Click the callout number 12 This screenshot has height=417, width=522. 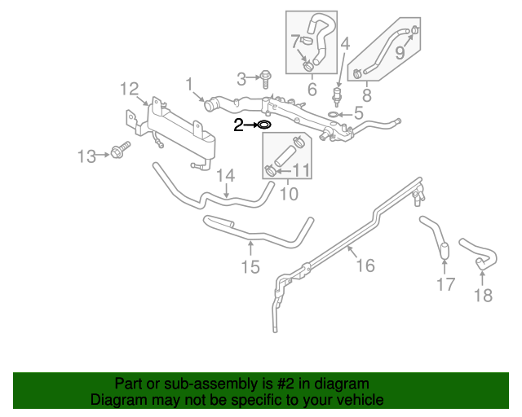(x=130, y=88)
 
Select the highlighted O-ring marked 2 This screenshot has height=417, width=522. (x=263, y=125)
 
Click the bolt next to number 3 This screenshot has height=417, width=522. (x=267, y=78)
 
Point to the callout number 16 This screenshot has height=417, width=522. (x=365, y=265)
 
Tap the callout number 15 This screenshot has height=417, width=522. (x=250, y=266)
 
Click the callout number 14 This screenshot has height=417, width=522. (x=225, y=175)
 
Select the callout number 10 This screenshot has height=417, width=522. (x=289, y=194)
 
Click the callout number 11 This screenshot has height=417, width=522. (x=301, y=170)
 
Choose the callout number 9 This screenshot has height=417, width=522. (x=400, y=53)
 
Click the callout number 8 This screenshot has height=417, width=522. (x=366, y=95)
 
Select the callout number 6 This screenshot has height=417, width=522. (x=311, y=88)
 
